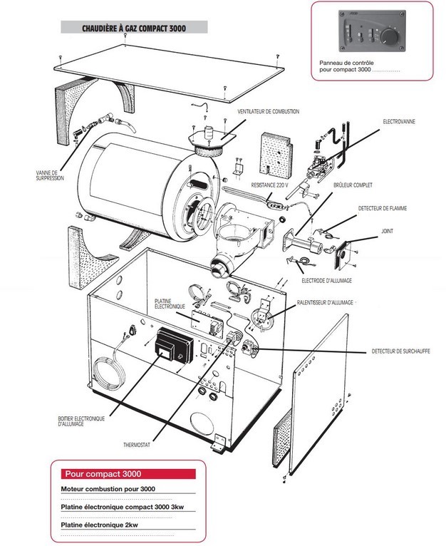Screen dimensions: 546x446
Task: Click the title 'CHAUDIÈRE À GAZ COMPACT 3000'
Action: [135, 28]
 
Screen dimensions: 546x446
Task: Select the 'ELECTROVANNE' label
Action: [399, 122]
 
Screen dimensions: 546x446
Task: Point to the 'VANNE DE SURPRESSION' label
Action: [52, 175]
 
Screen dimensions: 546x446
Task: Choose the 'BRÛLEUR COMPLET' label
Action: [354, 185]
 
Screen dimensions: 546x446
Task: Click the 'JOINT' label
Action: [388, 231]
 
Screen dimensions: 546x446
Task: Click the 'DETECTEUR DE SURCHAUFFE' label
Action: [401, 351]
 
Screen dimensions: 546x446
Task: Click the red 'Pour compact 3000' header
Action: [103, 473]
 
